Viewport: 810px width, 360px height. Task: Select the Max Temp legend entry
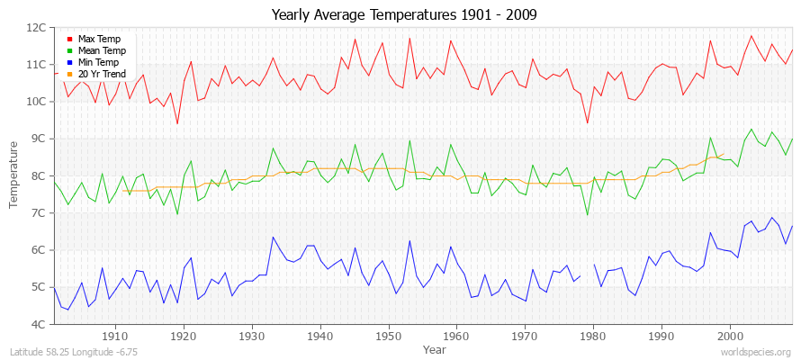(98, 40)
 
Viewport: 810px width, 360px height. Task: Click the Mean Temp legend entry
(100, 51)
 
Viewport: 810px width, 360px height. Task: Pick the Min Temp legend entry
(98, 62)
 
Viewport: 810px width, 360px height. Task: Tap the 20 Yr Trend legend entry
(102, 74)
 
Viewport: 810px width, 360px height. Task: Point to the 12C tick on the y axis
(36, 28)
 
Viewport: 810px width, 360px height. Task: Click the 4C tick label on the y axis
(39, 324)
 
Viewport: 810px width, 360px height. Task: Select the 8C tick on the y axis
(39, 176)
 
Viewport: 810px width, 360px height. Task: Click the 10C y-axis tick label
(36, 102)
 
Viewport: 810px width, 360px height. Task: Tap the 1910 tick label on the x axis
(115, 336)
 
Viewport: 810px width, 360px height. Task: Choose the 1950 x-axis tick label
(388, 336)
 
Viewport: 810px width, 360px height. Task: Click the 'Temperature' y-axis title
(15, 175)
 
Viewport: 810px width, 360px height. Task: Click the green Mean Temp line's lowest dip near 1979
(588, 214)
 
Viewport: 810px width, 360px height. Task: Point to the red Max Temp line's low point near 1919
(177, 123)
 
